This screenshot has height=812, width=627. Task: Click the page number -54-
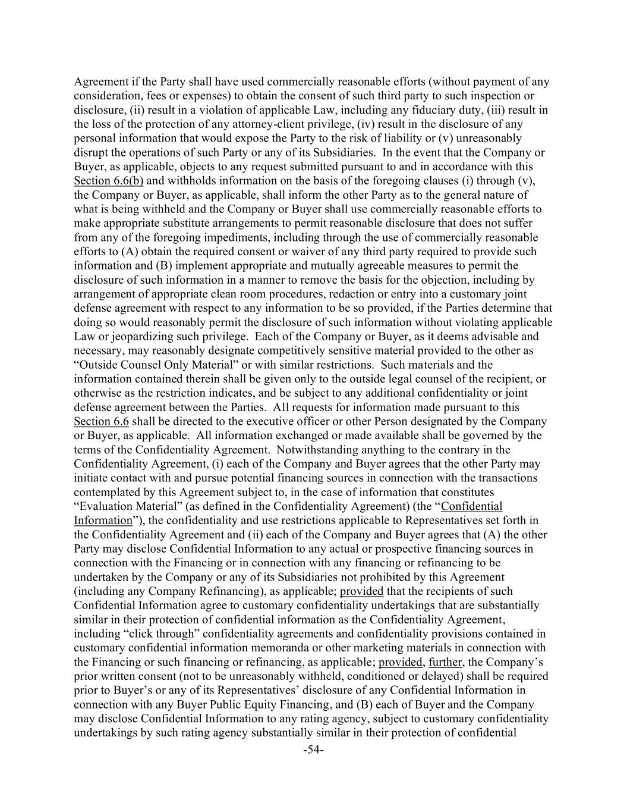313,750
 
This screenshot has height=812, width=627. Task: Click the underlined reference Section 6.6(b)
108,181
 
